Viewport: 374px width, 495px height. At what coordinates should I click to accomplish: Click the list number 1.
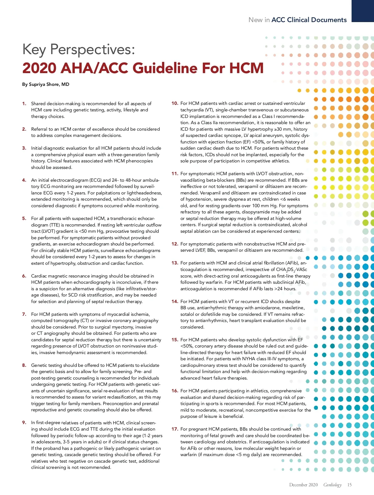pyautogui.click(x=24, y=104)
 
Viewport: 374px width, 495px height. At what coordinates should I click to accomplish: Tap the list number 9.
pyautogui.click(x=24, y=423)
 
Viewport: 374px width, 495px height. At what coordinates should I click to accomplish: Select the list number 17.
pyautogui.click(x=175, y=429)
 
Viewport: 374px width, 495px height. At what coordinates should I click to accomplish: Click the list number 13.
pyautogui.click(x=175, y=263)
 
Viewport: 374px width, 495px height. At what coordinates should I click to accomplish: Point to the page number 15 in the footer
pyautogui.click(x=349, y=485)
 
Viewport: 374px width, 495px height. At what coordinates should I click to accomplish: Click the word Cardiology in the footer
pyautogui.click(x=333, y=485)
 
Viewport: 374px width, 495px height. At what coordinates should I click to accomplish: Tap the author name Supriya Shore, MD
pyautogui.click(x=49, y=84)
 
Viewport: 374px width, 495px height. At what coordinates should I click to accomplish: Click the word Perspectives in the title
pyautogui.click(x=93, y=50)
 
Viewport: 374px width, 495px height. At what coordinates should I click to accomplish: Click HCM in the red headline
pyautogui.click(x=246, y=68)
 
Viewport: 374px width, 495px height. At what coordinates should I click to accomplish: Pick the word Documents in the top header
pyautogui.click(x=329, y=20)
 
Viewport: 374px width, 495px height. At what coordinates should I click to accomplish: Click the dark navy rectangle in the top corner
pyautogui.click(x=362, y=11)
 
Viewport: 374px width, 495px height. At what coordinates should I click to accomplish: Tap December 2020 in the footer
pyautogui.click(x=303, y=485)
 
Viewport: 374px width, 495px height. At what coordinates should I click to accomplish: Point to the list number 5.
pyautogui.click(x=24, y=218)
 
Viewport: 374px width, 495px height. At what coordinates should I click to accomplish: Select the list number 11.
pyautogui.click(x=175, y=174)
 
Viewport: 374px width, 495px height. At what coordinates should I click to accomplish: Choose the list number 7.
pyautogui.click(x=24, y=314)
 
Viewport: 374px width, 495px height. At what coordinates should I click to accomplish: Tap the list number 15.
pyautogui.click(x=175, y=340)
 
